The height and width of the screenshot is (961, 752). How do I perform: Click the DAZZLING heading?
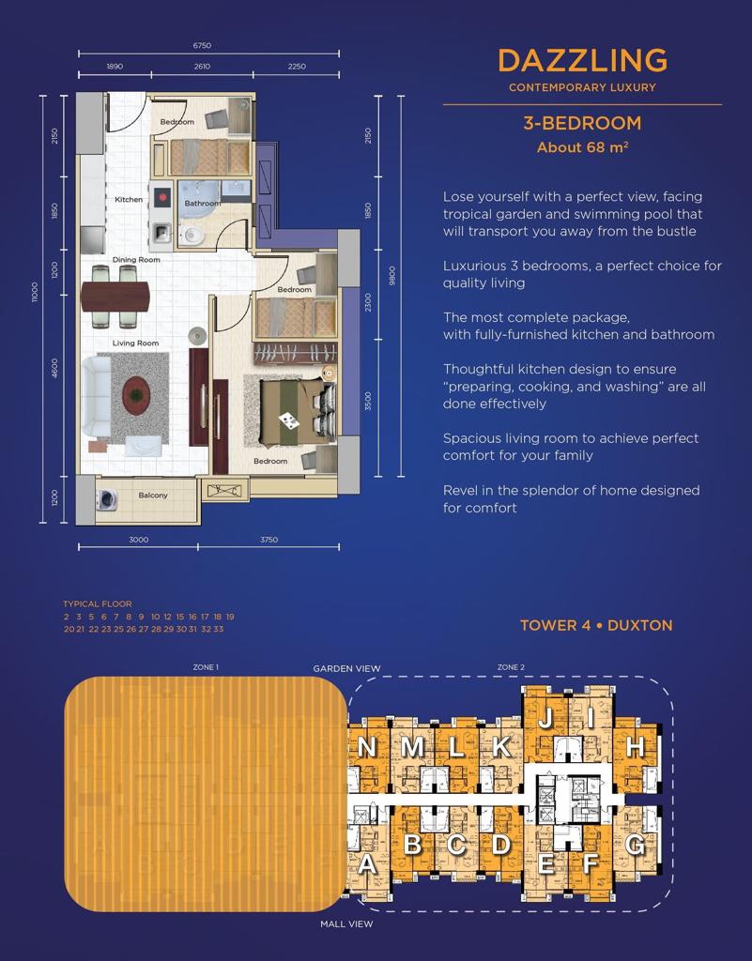pyautogui.click(x=582, y=61)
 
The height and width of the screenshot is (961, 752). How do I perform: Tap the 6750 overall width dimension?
pyautogui.click(x=202, y=45)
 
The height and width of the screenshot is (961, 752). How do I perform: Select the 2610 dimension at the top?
pyautogui.click(x=202, y=67)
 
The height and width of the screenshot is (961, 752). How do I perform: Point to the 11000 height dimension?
pyautogui.click(x=35, y=292)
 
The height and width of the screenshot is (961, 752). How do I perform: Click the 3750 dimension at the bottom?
pyautogui.click(x=269, y=540)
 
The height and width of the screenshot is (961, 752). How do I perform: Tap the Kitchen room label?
pyautogui.click(x=129, y=199)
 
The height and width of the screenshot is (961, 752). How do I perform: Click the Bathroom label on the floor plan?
pyautogui.click(x=203, y=203)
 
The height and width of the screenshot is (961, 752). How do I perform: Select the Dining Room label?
pyautogui.click(x=136, y=259)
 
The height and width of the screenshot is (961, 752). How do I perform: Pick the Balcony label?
pyautogui.click(x=153, y=496)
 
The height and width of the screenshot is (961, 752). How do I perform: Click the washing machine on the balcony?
pyautogui.click(x=107, y=499)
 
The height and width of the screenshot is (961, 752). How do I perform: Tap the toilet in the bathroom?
pyautogui.click(x=192, y=236)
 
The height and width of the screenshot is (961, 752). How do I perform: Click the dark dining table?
pyautogui.click(x=115, y=296)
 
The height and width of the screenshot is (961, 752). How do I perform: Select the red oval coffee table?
pyautogui.click(x=136, y=395)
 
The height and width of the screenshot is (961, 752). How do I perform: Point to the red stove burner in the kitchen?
pyautogui.click(x=162, y=197)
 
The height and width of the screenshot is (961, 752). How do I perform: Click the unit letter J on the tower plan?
pyautogui.click(x=545, y=717)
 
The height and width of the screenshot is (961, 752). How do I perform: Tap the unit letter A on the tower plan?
pyautogui.click(x=366, y=864)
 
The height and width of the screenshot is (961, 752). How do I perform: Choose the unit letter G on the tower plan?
pyautogui.click(x=636, y=846)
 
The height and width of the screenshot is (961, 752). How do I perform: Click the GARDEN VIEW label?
pyautogui.click(x=346, y=668)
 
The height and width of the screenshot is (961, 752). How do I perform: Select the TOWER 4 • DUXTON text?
pyautogui.click(x=596, y=625)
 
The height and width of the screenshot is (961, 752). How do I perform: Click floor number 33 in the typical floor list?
pyautogui.click(x=219, y=630)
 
